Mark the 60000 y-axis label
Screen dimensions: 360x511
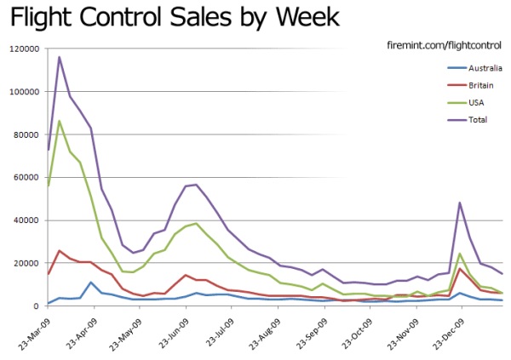[x=23, y=178]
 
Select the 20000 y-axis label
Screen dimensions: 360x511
[x=23, y=263]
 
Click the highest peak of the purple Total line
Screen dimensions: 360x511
[x=59, y=57]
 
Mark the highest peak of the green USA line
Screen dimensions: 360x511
[x=59, y=121]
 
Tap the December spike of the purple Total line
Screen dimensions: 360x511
[x=460, y=203]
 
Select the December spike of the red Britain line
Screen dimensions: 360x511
[x=460, y=269]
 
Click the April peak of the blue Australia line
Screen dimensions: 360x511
[x=91, y=283]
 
